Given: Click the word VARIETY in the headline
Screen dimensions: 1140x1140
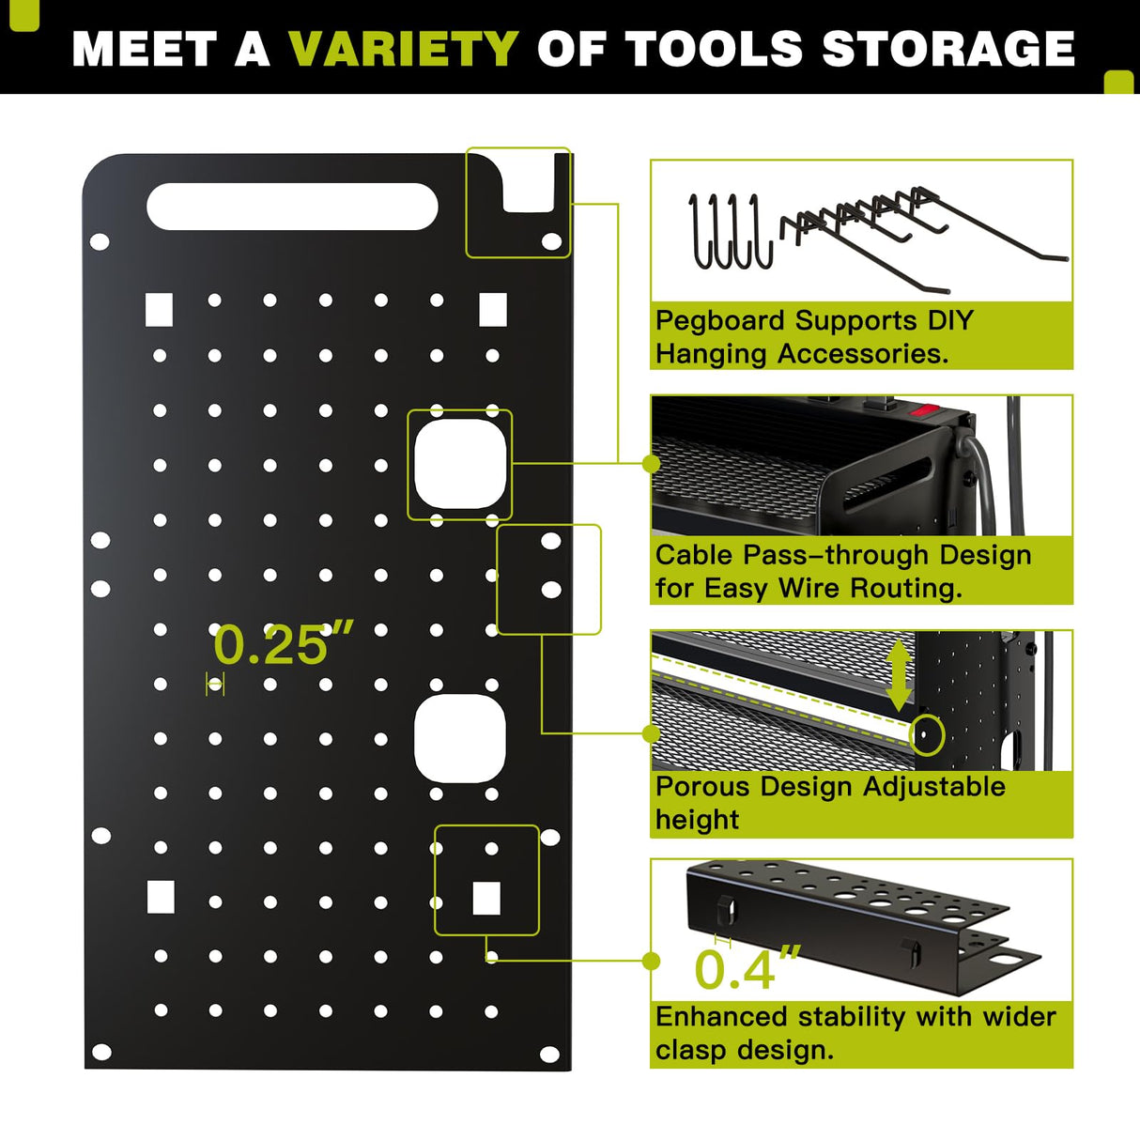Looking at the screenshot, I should coord(404,49).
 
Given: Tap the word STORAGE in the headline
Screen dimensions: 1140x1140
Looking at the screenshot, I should coord(947,49).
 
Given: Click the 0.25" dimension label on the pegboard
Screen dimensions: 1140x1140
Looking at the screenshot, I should coord(283,645).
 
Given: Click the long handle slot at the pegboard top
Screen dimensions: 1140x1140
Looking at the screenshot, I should coord(292,207).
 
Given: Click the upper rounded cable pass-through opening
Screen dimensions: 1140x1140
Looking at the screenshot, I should coord(459,464).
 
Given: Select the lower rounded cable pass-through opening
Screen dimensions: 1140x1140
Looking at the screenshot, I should coord(460,739).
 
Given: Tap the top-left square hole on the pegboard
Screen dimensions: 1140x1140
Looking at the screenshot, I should coord(160,310).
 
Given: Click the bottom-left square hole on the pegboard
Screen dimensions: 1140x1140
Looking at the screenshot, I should coord(161,898).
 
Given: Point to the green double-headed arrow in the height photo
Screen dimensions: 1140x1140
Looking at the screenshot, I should coord(899,675).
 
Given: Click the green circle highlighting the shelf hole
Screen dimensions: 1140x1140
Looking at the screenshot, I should coord(927,733).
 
